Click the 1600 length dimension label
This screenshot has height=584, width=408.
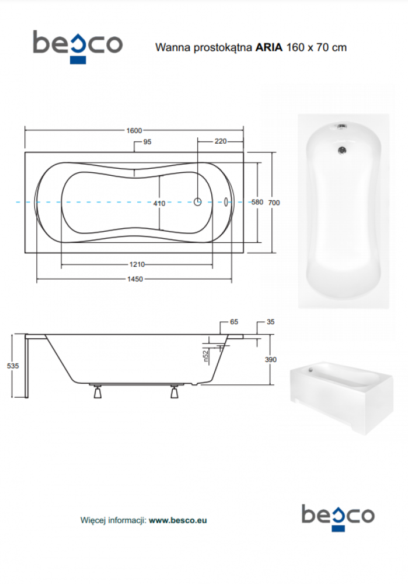[x=134, y=130]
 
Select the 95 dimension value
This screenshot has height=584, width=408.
[x=148, y=142]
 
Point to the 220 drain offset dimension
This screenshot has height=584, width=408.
[x=221, y=141]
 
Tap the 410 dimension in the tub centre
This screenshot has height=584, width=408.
[x=159, y=203]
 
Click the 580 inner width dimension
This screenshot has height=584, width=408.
[x=257, y=202]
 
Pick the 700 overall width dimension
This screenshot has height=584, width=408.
[x=274, y=203]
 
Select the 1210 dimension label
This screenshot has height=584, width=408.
[x=137, y=264]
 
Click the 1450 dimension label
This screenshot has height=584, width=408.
[x=135, y=279]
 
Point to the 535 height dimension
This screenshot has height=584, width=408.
[x=13, y=366]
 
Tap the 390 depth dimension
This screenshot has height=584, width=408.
[x=271, y=359]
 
